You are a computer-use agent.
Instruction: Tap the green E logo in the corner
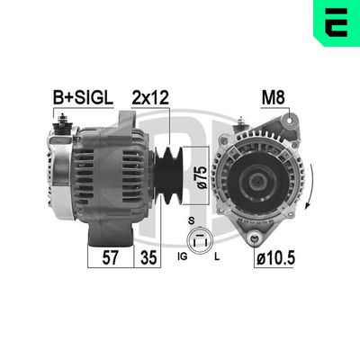pos(334,24)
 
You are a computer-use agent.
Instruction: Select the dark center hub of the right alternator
pos(260,176)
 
